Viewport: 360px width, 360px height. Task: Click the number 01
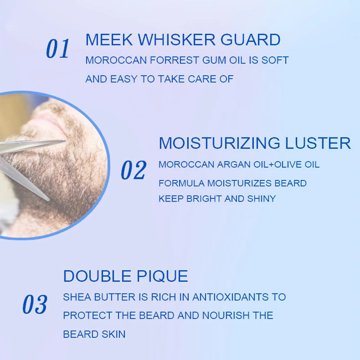click(x=58, y=49)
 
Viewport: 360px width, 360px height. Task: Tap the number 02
click(x=133, y=170)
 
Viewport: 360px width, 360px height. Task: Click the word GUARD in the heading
click(x=251, y=40)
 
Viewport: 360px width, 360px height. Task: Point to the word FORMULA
click(x=181, y=183)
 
